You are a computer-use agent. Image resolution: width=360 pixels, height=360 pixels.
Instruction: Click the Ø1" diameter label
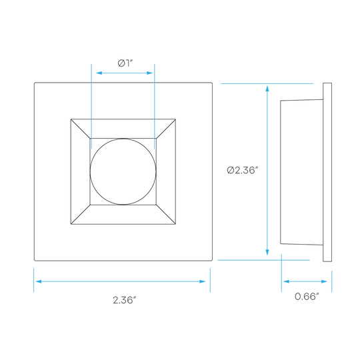(x=125, y=63)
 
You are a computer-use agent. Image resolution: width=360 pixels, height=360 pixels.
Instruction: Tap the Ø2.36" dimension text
(x=243, y=170)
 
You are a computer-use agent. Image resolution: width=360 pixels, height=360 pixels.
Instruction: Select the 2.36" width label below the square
(x=125, y=300)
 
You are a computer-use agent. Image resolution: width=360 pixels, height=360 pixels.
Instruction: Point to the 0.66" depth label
(x=307, y=297)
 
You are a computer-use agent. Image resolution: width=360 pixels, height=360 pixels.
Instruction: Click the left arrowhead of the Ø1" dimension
(x=99, y=73)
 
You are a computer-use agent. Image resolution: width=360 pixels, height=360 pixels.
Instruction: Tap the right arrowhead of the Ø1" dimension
(x=150, y=73)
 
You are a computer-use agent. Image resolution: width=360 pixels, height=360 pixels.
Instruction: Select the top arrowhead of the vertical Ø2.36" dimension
(x=267, y=89)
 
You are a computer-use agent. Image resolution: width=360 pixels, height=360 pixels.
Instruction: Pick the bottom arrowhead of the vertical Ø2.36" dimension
(x=267, y=252)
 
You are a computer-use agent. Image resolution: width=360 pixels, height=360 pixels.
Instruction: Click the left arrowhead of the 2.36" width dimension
(x=39, y=281)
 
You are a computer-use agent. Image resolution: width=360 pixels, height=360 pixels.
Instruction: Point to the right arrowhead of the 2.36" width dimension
(x=203, y=281)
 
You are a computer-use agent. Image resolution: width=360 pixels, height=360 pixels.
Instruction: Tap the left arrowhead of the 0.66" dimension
(x=286, y=281)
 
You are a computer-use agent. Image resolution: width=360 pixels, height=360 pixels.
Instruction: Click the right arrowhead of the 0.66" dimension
(x=324, y=281)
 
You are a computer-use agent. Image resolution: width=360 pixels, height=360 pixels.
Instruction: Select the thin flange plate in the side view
(x=327, y=172)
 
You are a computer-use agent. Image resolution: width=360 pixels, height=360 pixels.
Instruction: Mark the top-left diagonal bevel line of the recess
(x=81, y=129)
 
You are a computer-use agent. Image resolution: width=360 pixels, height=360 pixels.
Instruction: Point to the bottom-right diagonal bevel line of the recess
(x=166, y=214)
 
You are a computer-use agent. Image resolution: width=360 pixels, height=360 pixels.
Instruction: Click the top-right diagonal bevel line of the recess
(x=166, y=129)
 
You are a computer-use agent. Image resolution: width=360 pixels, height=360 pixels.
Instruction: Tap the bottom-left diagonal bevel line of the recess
(x=81, y=214)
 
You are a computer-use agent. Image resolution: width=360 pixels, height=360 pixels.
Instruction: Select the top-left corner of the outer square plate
(x=35, y=83)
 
